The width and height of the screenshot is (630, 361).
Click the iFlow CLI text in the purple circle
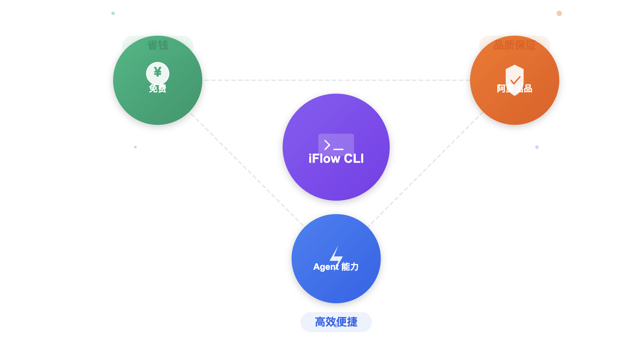(x=336, y=159)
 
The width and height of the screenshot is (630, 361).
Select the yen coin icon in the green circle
(x=157, y=72)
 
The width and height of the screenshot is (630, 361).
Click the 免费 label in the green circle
(x=157, y=89)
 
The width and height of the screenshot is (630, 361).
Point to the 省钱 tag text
(x=157, y=45)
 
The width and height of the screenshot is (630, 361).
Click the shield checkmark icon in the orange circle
(x=515, y=79)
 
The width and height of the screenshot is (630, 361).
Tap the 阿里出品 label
(x=514, y=89)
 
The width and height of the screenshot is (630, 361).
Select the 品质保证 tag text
(x=514, y=45)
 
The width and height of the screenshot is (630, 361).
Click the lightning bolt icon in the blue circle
(x=336, y=255)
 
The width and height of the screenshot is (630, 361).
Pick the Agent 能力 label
(x=336, y=267)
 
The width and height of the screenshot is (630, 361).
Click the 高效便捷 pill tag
(x=336, y=322)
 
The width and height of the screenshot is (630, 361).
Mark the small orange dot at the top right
(x=559, y=13)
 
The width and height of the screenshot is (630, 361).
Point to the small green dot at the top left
(x=113, y=13)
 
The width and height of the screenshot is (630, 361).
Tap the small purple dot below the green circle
(x=135, y=147)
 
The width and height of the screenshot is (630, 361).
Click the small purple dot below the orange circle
(x=537, y=147)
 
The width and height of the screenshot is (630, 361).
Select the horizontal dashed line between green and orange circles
(x=336, y=80)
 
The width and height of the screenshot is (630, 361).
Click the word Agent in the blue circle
(x=326, y=267)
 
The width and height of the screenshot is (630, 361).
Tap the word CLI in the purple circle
(x=354, y=159)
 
